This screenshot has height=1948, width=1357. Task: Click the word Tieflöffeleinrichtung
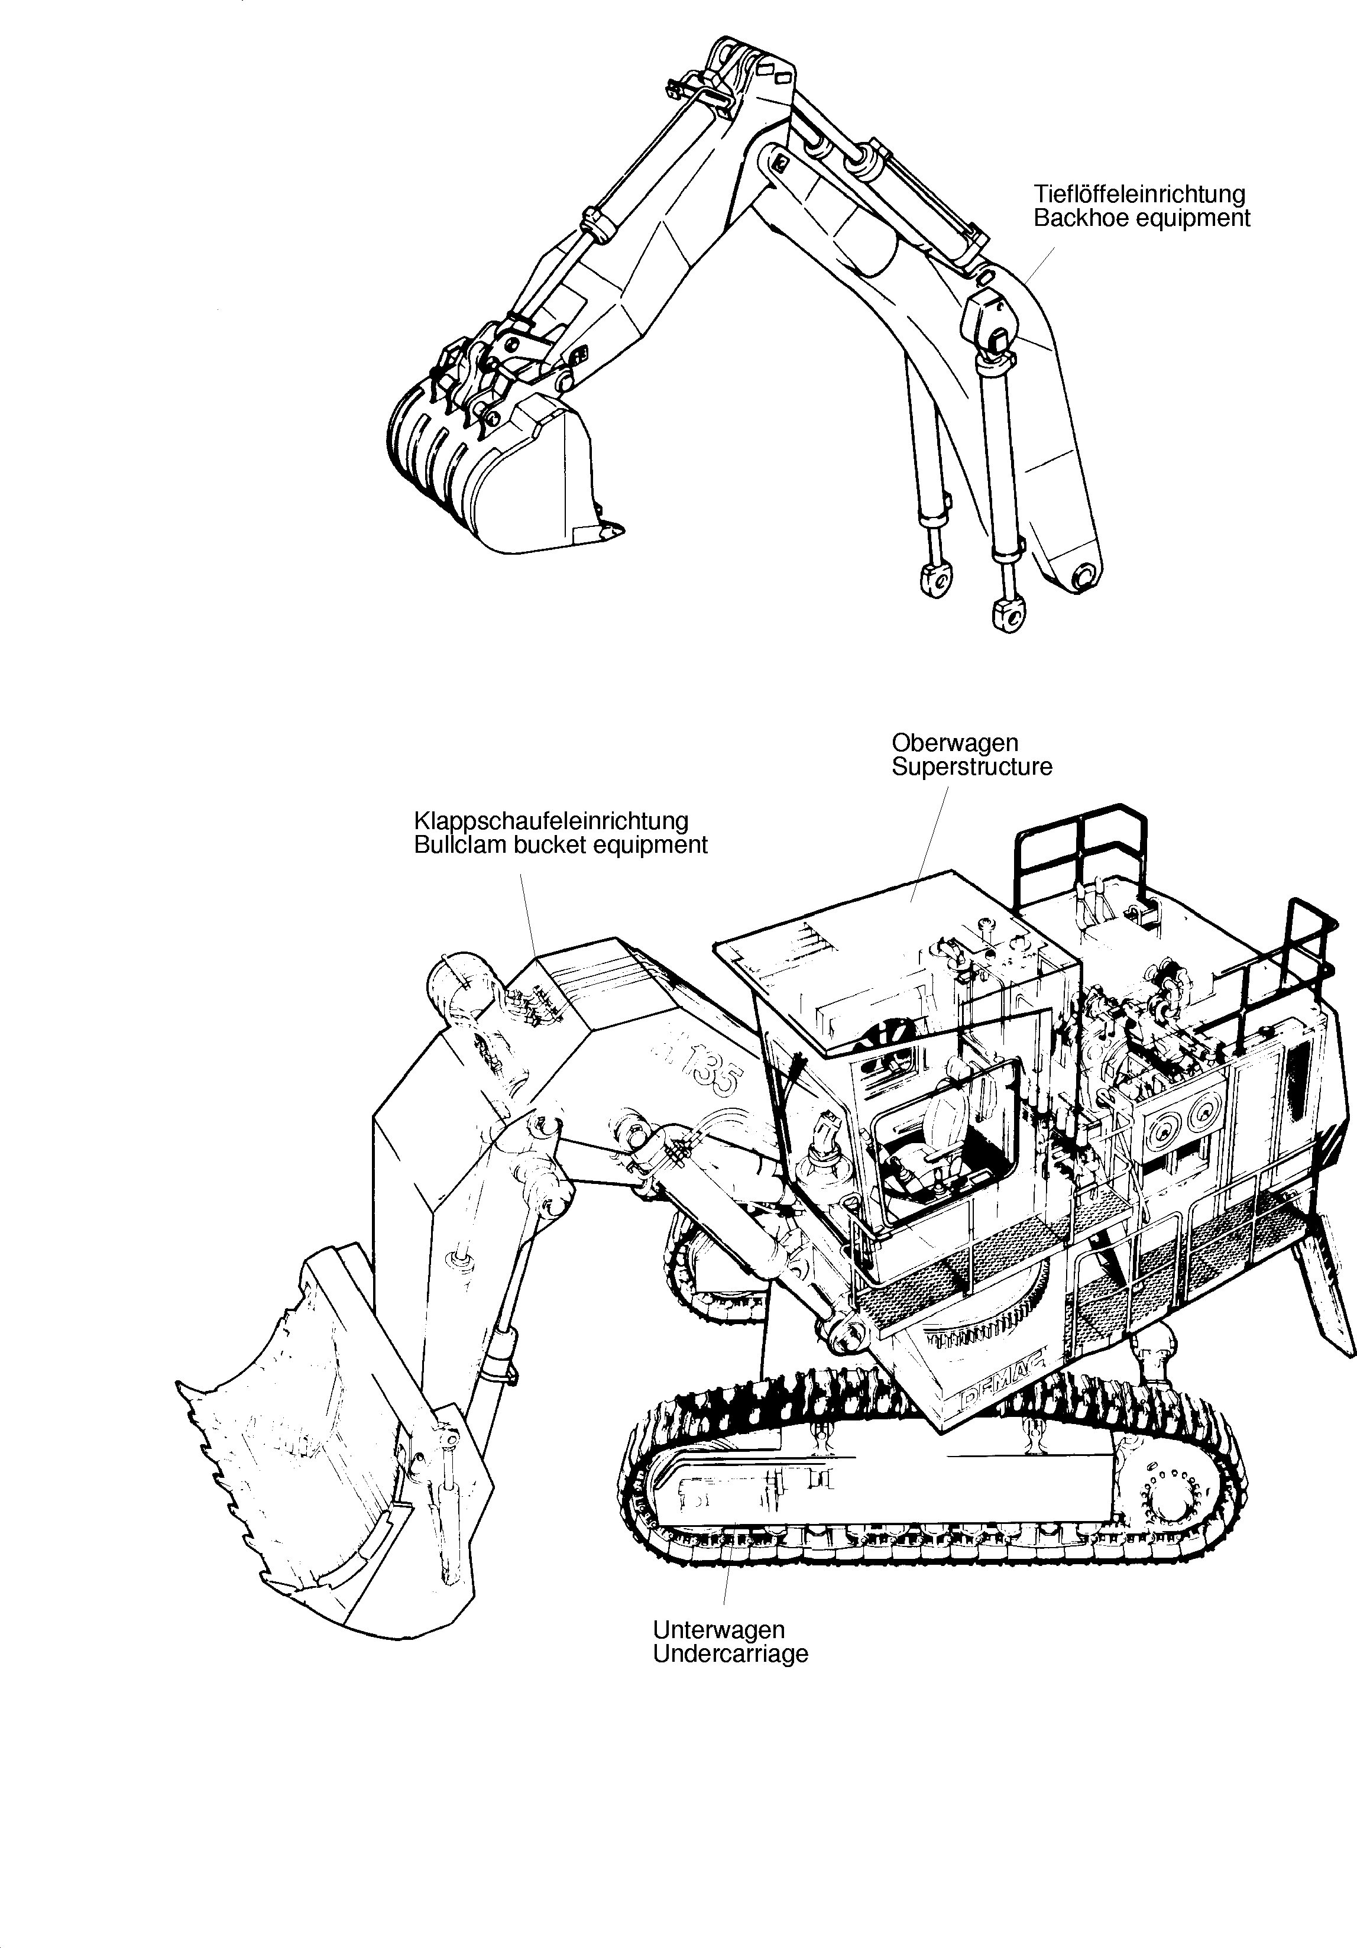point(1139,195)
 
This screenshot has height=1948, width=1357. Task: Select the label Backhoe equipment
point(1142,218)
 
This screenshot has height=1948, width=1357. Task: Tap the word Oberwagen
point(954,742)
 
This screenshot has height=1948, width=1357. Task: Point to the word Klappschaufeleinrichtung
point(550,821)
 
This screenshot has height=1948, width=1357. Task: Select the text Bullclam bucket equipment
point(560,845)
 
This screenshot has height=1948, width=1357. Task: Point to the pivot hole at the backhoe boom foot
point(1085,578)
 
